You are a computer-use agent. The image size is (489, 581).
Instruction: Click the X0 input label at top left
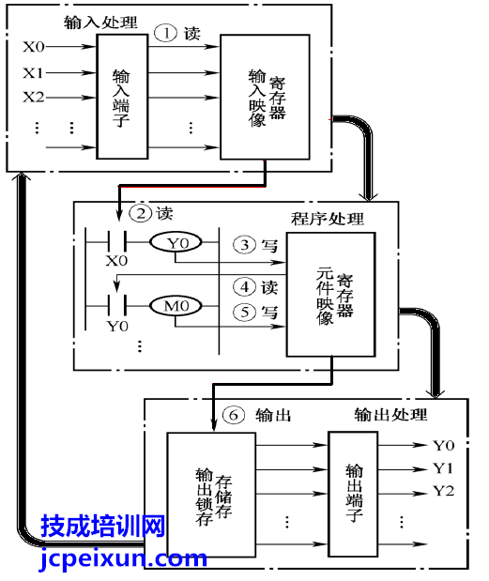click(x=34, y=47)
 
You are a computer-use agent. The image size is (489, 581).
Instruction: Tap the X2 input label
click(x=34, y=97)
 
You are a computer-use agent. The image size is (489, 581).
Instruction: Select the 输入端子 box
click(x=122, y=97)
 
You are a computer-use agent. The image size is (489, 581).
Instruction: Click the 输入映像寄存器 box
click(x=265, y=97)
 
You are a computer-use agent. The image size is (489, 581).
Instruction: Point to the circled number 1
click(x=165, y=34)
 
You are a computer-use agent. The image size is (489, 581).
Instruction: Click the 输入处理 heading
click(x=100, y=23)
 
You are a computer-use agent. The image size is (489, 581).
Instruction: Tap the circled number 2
click(x=141, y=213)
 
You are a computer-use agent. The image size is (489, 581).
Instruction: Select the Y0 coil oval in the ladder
click(x=176, y=243)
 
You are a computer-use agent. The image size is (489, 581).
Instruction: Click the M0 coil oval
click(x=176, y=306)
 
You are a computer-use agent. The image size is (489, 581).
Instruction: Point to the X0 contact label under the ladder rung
click(x=116, y=261)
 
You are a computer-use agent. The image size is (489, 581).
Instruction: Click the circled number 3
click(x=244, y=245)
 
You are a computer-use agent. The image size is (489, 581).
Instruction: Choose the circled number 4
click(x=244, y=287)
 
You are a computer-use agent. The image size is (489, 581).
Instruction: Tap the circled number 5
click(x=244, y=312)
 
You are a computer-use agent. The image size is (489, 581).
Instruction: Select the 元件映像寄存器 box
click(x=330, y=295)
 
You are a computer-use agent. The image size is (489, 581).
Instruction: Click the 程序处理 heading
click(x=328, y=219)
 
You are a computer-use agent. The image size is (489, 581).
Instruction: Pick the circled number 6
click(x=234, y=415)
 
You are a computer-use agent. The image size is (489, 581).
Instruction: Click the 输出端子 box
click(x=353, y=494)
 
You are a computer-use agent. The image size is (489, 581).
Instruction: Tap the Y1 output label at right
click(x=444, y=468)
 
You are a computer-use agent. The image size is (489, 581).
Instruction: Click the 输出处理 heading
click(x=390, y=415)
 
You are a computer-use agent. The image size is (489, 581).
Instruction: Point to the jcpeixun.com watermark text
click(x=123, y=559)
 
